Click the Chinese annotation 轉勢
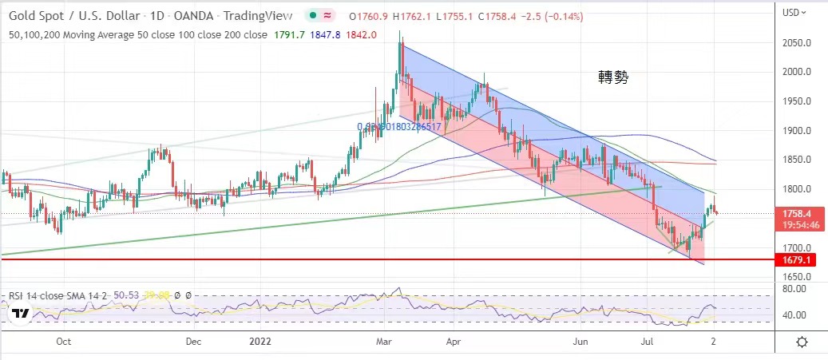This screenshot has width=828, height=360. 614,77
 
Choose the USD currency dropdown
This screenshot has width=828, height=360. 794,12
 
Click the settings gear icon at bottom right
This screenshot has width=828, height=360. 802,342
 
